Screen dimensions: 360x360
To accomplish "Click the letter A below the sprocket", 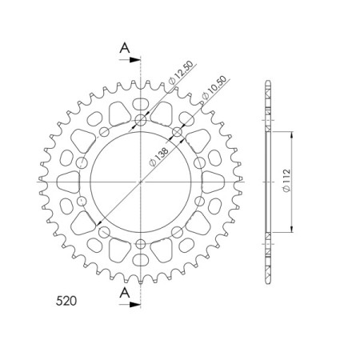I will [x=125, y=294].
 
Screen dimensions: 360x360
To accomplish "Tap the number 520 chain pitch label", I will [x=67, y=302].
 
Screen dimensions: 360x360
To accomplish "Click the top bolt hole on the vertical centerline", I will [x=141, y=121].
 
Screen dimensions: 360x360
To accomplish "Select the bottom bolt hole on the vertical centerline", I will [x=141, y=242].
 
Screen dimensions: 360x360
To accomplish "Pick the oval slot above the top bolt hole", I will [x=141, y=104].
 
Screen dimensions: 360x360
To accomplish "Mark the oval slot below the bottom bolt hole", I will [x=141, y=260].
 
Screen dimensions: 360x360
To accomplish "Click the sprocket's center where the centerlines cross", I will [x=141, y=182].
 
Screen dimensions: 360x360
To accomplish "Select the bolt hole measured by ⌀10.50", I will [x=177, y=133].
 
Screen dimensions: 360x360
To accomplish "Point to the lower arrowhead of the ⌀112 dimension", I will [x=290, y=227].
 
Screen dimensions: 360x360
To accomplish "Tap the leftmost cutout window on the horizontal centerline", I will [x=63, y=182].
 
